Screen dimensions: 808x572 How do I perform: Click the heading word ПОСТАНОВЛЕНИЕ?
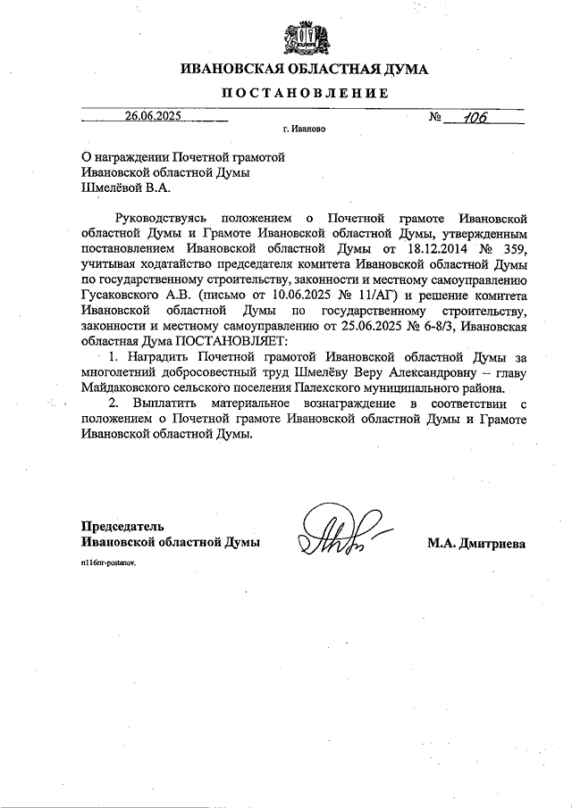(304, 93)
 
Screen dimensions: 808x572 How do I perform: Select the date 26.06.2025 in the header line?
(153, 115)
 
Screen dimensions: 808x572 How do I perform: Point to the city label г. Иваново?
(304, 129)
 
